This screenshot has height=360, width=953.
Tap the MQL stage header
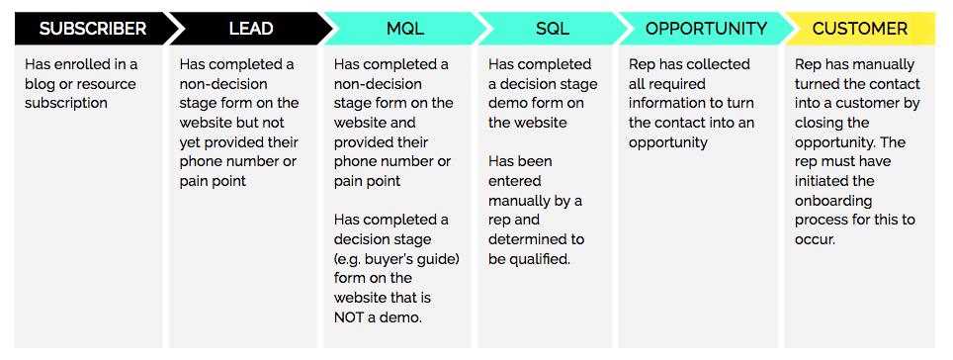click(399, 28)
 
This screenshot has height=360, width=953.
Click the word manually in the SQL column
click(519, 200)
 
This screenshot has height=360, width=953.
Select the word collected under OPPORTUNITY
click(716, 64)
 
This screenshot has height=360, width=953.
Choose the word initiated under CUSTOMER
click(824, 180)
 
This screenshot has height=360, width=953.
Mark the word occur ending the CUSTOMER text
click(816, 238)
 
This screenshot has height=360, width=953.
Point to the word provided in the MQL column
click(363, 140)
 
